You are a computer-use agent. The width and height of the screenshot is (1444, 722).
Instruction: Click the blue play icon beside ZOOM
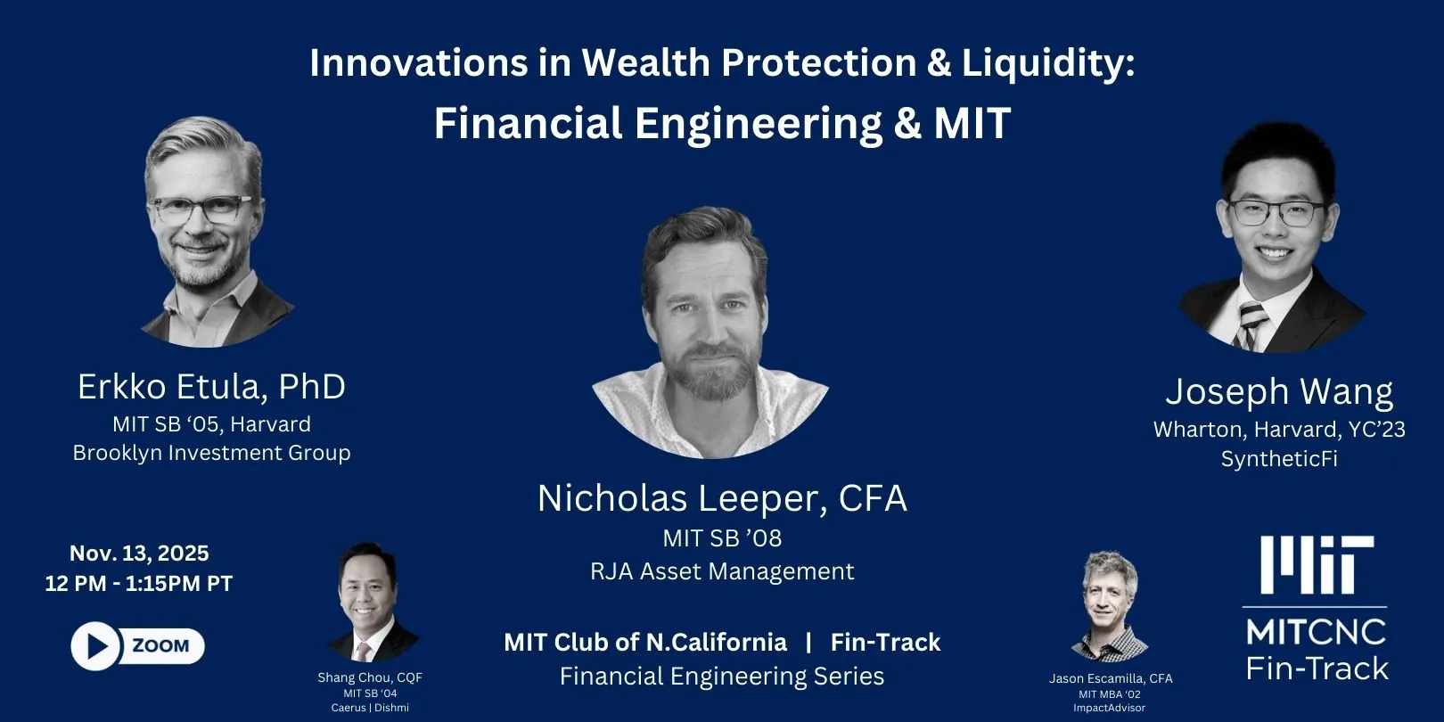click(95, 646)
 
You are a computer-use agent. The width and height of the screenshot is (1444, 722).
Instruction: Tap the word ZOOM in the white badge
click(160, 646)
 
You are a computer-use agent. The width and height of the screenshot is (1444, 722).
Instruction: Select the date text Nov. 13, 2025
click(139, 554)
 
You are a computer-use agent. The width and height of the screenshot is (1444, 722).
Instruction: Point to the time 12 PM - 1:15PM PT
click(139, 584)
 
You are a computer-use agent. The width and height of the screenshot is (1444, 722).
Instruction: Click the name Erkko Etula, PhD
click(211, 387)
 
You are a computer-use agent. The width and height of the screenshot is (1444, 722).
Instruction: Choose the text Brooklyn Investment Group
click(211, 453)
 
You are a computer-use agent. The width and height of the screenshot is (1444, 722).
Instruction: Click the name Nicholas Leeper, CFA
click(722, 498)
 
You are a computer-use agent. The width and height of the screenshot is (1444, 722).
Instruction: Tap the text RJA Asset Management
click(722, 571)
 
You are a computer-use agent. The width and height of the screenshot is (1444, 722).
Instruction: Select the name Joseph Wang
click(1279, 391)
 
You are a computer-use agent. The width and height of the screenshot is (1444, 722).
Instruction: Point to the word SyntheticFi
click(1279, 459)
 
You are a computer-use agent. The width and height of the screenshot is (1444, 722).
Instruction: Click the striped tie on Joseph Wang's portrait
click(1250, 326)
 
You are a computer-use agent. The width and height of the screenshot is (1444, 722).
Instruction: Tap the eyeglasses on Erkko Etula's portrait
click(201, 210)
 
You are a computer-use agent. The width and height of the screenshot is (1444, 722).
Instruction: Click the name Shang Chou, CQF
click(370, 677)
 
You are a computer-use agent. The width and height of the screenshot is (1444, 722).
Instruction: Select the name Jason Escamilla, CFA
click(1111, 678)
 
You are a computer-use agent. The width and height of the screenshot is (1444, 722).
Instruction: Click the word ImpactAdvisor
click(1109, 708)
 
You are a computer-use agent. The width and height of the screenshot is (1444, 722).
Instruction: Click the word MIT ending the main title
click(972, 123)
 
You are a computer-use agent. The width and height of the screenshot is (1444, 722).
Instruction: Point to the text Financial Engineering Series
click(722, 677)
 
